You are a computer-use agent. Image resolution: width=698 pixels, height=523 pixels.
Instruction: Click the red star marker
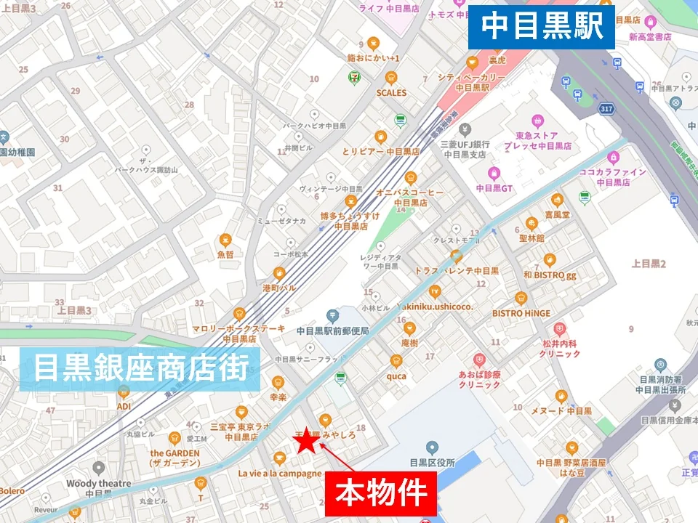pyautogui.click(x=306, y=440)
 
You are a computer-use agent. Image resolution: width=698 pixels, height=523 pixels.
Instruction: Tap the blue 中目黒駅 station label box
pyautogui.click(x=542, y=28)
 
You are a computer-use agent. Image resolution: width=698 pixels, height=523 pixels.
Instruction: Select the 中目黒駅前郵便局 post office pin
pyautogui.click(x=332, y=315)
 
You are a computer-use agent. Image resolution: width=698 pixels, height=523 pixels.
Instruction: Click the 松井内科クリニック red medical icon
pyautogui.click(x=559, y=329)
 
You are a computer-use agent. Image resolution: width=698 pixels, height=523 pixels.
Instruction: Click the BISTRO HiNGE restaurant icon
pyautogui.click(x=521, y=299)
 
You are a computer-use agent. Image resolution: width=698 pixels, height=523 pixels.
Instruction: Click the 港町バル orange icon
pyautogui.click(x=279, y=273)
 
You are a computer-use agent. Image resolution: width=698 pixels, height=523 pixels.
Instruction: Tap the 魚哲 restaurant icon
pyautogui.click(x=225, y=240)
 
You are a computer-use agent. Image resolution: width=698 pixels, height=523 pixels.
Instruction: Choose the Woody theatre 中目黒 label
pyautogui.click(x=98, y=488)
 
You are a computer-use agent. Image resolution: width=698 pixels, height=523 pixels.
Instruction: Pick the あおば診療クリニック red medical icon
pyautogui.click(x=479, y=360)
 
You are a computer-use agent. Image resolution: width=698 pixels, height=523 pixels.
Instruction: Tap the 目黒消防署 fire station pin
pyautogui.click(x=661, y=365)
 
